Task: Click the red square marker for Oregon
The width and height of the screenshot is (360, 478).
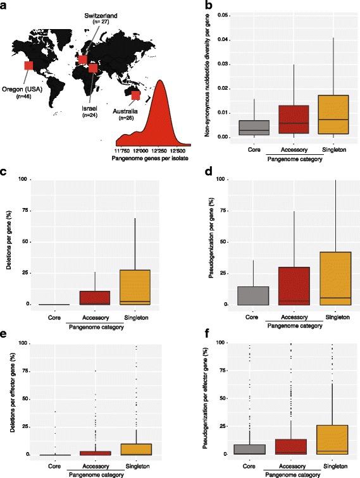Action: [x=28, y=65]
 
